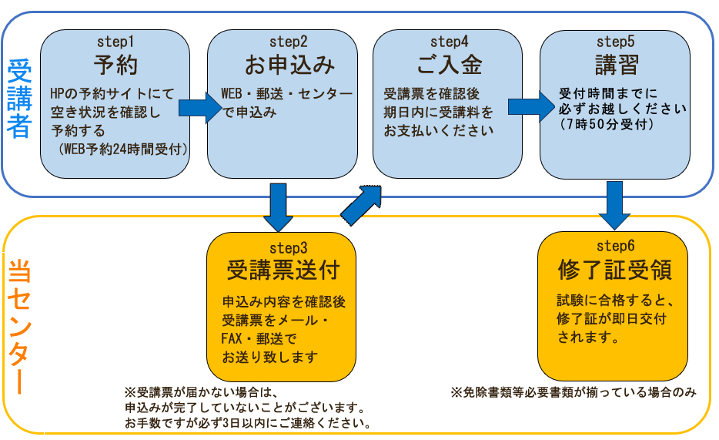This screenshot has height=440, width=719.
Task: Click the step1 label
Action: pos(116,40)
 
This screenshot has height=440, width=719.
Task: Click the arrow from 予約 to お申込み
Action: pos(199,108)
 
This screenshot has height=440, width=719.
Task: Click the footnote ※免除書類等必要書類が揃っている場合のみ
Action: pos(573,392)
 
